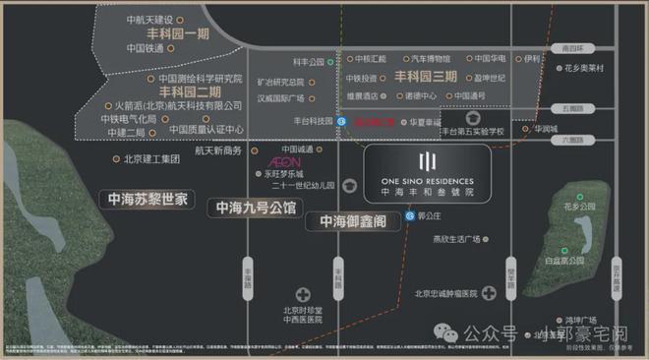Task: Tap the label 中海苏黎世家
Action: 148,199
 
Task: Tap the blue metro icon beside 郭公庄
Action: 409,213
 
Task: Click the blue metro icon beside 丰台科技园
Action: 341,122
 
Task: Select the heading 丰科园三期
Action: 425,76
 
